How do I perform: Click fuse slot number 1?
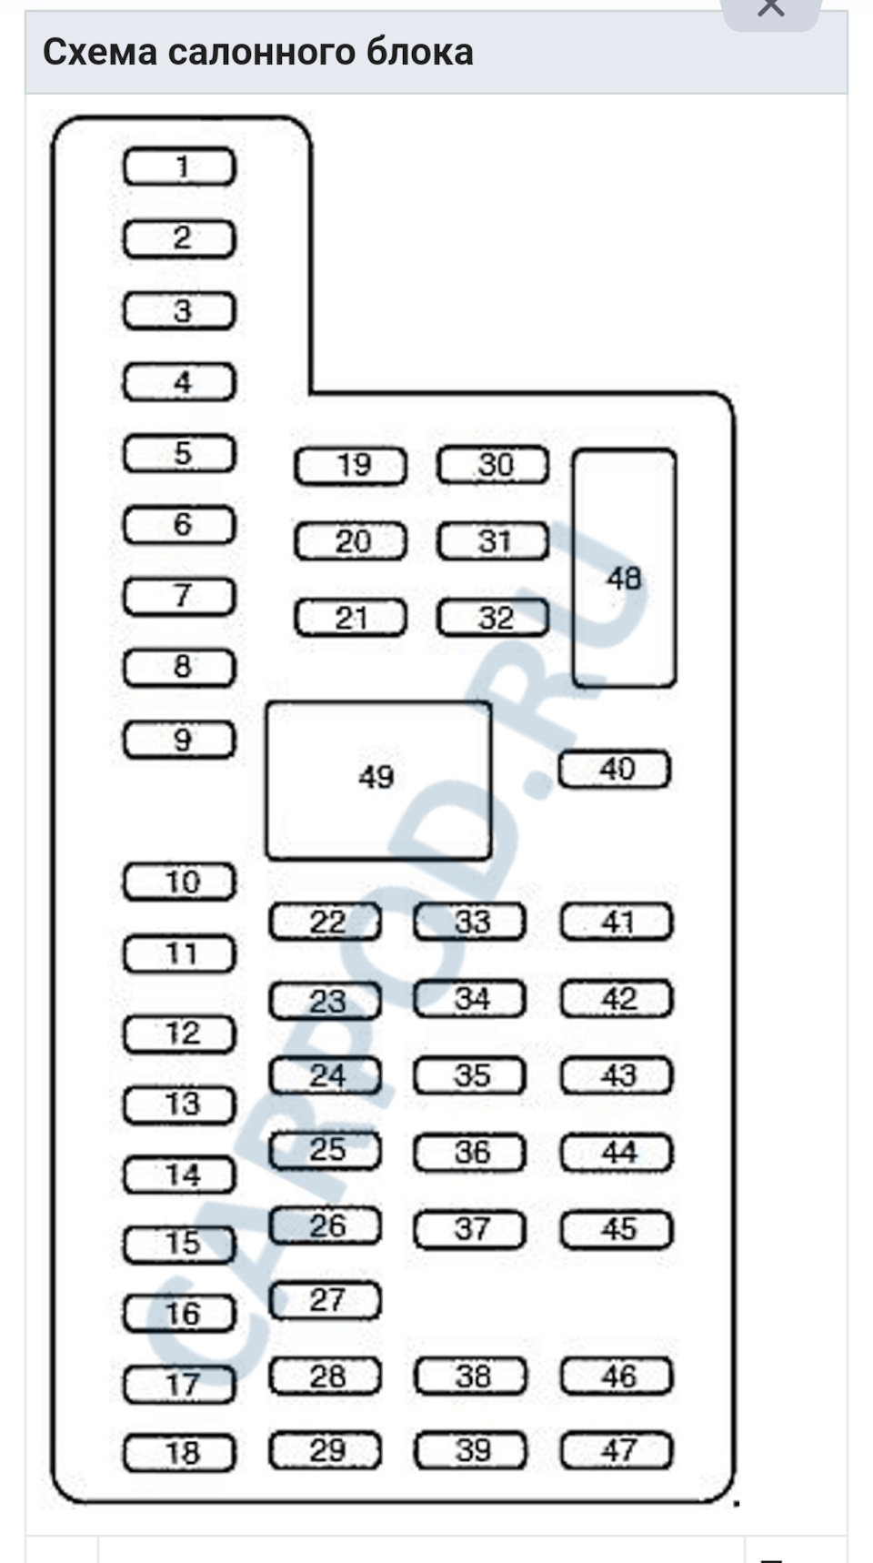pos(179,167)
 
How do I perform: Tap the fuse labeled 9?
pos(179,740)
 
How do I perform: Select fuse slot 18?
pos(179,1452)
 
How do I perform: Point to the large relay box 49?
pos(378,779)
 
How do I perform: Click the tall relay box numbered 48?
pos(624,568)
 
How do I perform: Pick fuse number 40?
pos(615,770)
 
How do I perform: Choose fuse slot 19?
pos(351,466)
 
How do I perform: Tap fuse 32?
pos(494,619)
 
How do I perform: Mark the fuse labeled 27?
pos(325,1300)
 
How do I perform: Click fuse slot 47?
pos(617,1450)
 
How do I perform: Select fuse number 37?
pos(470,1230)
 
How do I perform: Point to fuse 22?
pos(325,923)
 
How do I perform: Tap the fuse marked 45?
pos(617,1230)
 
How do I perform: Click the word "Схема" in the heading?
pos(100,53)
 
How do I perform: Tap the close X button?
pos(770,9)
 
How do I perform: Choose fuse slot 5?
pos(179,454)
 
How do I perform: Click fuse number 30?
pos(494,466)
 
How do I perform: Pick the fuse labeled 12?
pos(179,1034)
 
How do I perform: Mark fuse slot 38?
pos(471,1376)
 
